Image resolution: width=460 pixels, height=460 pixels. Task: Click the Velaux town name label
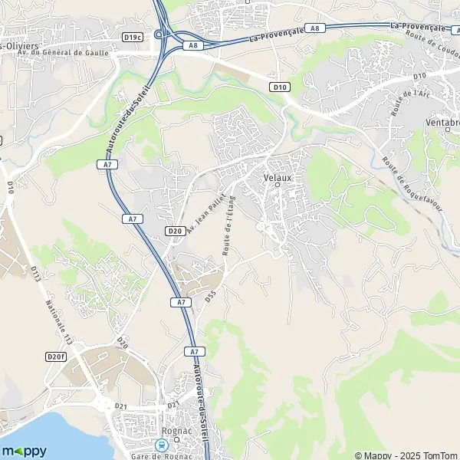[x=278, y=176]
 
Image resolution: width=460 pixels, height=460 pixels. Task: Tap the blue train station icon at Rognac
[x=161, y=444]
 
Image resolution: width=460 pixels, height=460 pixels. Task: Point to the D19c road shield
[x=133, y=36]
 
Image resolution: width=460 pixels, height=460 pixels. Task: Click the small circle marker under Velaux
[x=278, y=185]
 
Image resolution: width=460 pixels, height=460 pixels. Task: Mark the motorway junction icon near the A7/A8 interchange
[x=159, y=34]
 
